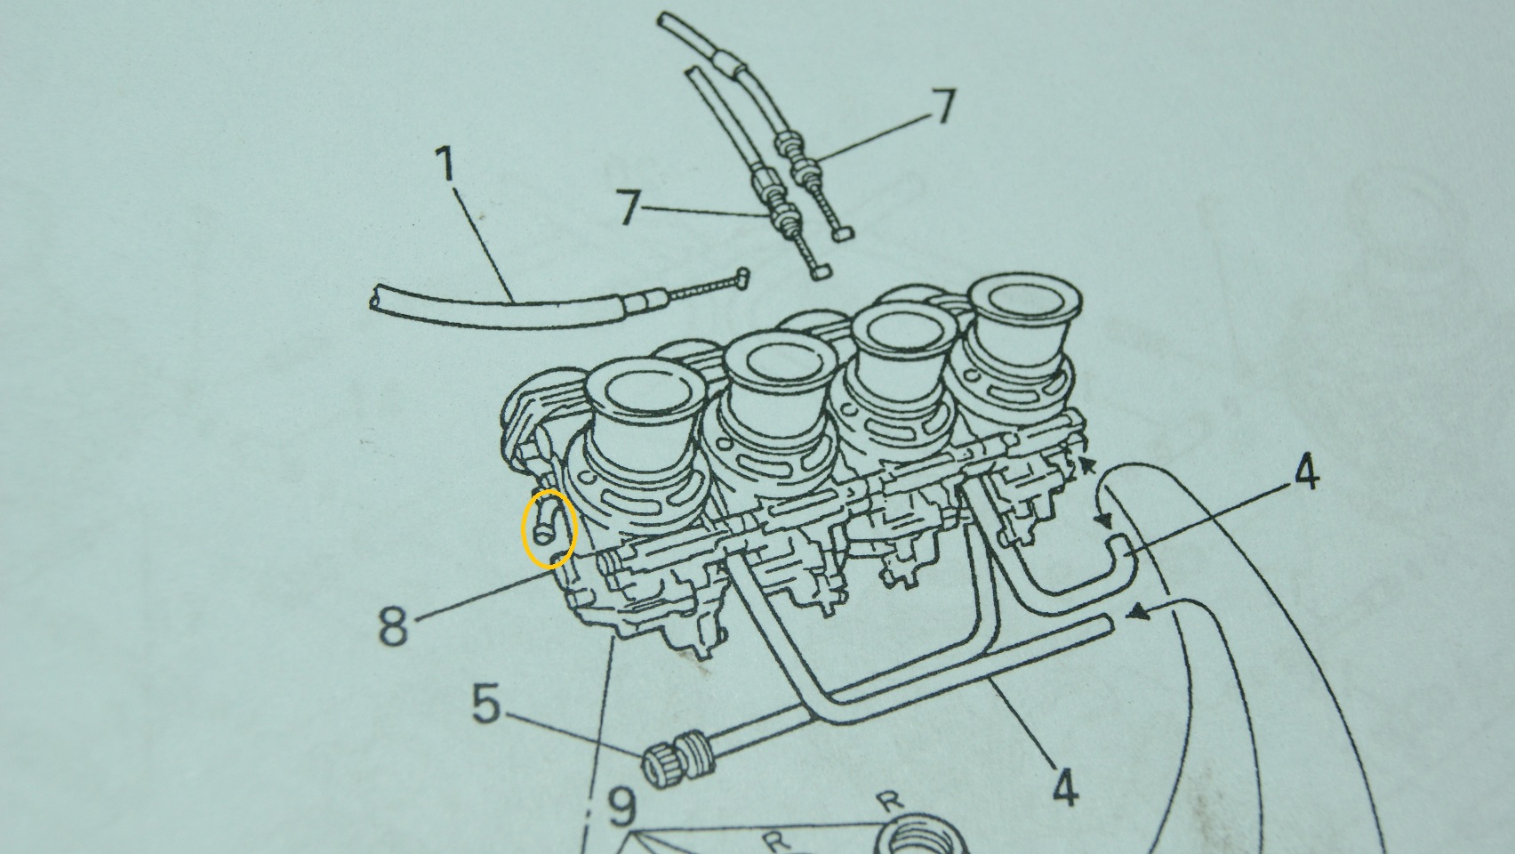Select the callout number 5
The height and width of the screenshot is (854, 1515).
tap(486, 703)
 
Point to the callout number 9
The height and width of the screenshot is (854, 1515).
tap(621, 808)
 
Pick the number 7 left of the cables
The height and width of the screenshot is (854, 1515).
tap(629, 206)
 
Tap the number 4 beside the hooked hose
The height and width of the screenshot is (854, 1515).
tap(1306, 473)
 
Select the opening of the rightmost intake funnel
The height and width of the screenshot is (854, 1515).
tap(1025, 298)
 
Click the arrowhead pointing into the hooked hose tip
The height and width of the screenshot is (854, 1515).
tap(1103, 520)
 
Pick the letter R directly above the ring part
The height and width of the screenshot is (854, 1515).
tap(891, 802)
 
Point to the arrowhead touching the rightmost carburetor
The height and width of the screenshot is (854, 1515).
tap(1086, 465)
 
